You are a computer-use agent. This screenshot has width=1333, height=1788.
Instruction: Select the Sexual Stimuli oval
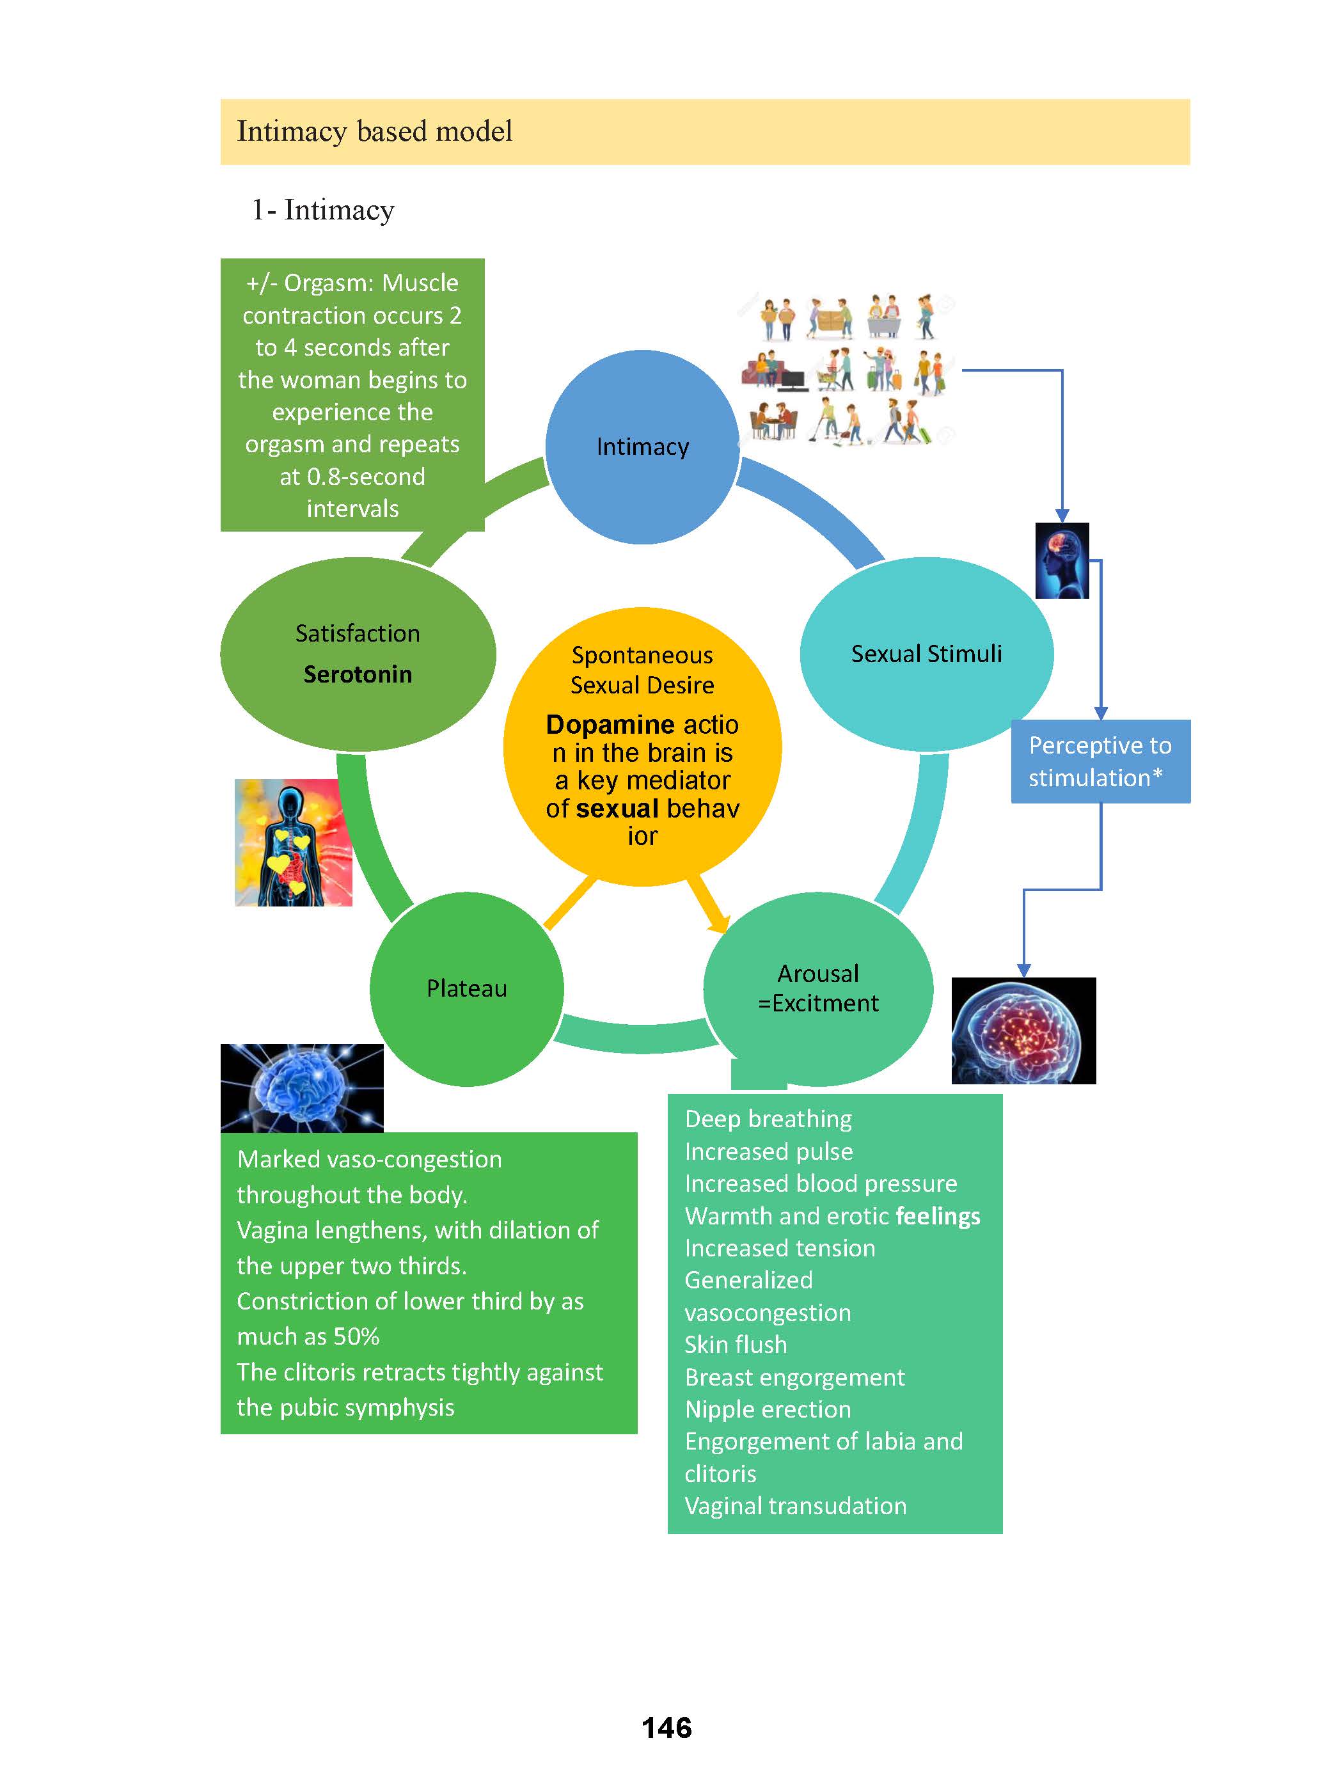click(926, 654)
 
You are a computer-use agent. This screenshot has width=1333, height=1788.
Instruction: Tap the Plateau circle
click(466, 988)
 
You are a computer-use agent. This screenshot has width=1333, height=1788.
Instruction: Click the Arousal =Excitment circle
click(818, 988)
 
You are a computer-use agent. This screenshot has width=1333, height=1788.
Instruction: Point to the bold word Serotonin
click(358, 674)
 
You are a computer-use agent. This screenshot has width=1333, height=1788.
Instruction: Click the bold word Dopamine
click(610, 725)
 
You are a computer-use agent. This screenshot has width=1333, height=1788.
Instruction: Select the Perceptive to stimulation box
click(1100, 761)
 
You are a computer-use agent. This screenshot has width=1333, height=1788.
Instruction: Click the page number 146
click(666, 1727)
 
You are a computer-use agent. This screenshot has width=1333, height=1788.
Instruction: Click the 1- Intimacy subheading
click(323, 210)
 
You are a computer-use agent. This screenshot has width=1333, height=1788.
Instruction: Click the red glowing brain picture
click(1023, 1031)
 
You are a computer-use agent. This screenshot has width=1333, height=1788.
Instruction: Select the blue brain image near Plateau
click(302, 1088)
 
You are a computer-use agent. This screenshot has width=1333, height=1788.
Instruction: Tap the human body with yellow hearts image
click(293, 843)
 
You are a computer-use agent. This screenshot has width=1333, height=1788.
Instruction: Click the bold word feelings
click(938, 1216)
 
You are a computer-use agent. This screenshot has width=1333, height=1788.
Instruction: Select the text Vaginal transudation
click(795, 1506)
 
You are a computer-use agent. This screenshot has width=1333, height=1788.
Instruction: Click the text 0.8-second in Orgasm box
click(365, 477)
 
